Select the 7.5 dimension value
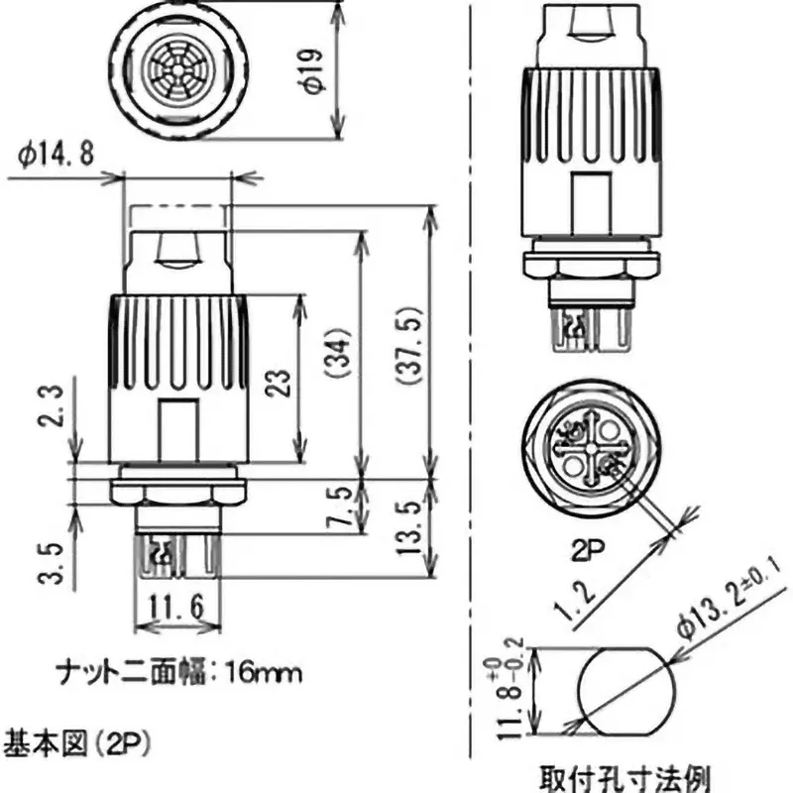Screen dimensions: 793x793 [x=338, y=507]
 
